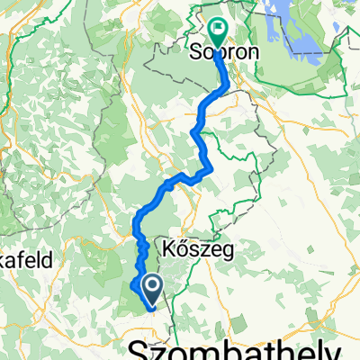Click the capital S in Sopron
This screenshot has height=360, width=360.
click(x=195, y=52)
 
